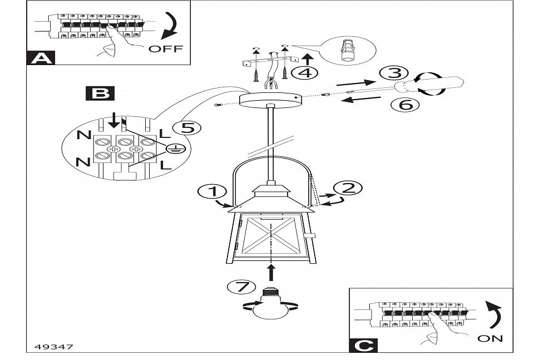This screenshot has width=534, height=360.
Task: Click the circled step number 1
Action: pyautogui.click(x=212, y=192)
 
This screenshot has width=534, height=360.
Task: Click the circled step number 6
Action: pyautogui.click(x=409, y=104)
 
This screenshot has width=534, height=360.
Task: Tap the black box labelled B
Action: pyautogui.click(x=100, y=92)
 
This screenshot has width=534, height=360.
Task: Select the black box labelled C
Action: pyautogui.click(x=363, y=345)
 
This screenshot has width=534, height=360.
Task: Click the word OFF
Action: pyautogui.click(x=165, y=49)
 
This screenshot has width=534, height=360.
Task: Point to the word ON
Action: pyautogui.click(x=489, y=338)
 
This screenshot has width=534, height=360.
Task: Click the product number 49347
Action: pyautogui.click(x=50, y=347)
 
